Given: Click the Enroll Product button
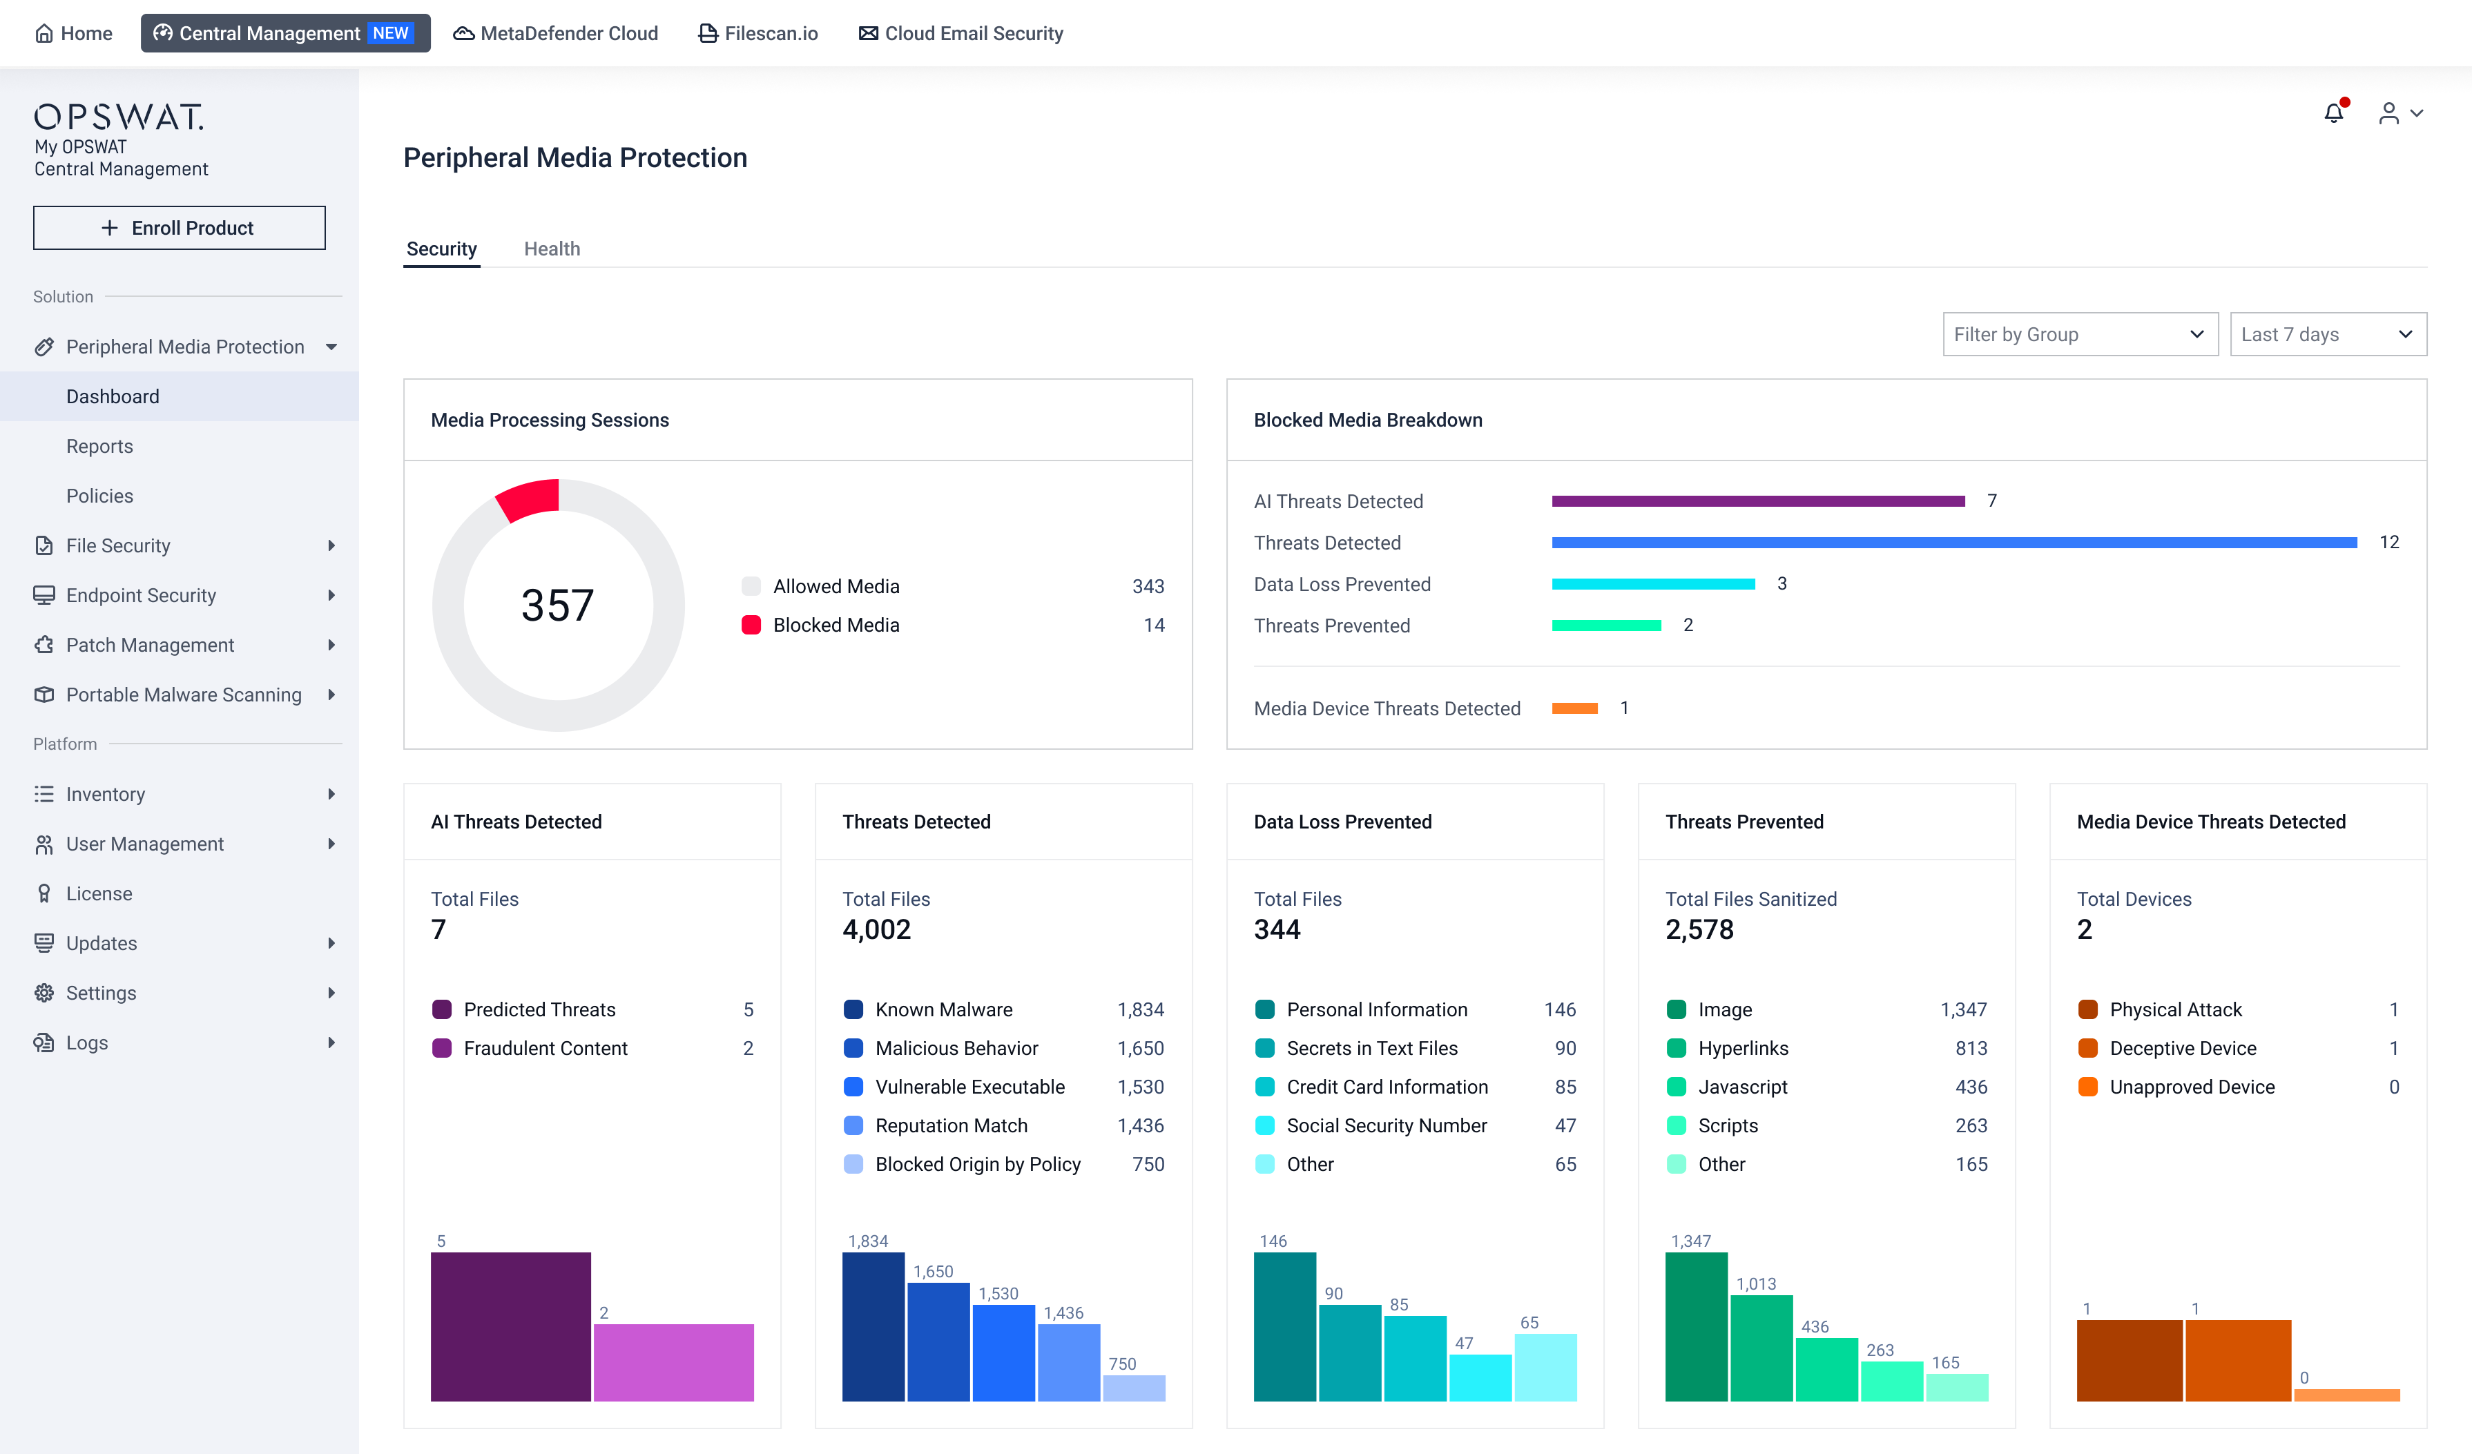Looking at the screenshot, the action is pyautogui.click(x=180, y=228).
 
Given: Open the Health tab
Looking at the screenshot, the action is pyautogui.click(x=551, y=249).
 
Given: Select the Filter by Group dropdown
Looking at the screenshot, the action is pyautogui.click(x=2080, y=335).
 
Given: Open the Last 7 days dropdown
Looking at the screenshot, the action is pyautogui.click(x=2328, y=335).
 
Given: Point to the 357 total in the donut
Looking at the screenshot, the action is pyautogui.click(x=557, y=605).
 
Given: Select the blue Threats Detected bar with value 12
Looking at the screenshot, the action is pyautogui.click(x=1954, y=543).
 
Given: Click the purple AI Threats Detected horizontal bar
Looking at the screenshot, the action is pyautogui.click(x=1758, y=501).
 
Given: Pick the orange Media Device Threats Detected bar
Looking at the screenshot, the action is pyautogui.click(x=1574, y=708).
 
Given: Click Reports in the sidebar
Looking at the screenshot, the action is pyautogui.click(x=99, y=447).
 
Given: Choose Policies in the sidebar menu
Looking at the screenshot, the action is pyautogui.click(x=99, y=496).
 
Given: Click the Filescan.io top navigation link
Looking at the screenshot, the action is pyautogui.click(x=758, y=33).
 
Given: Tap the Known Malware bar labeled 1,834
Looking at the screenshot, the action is pyautogui.click(x=873, y=1326).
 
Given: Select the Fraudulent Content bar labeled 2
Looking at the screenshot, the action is pyautogui.click(x=674, y=1363).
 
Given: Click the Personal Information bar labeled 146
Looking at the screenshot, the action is pyautogui.click(x=1285, y=1326).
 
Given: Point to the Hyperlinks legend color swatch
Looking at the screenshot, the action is pyautogui.click(x=1677, y=1049).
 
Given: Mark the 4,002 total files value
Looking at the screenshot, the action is pyautogui.click(x=876, y=929).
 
